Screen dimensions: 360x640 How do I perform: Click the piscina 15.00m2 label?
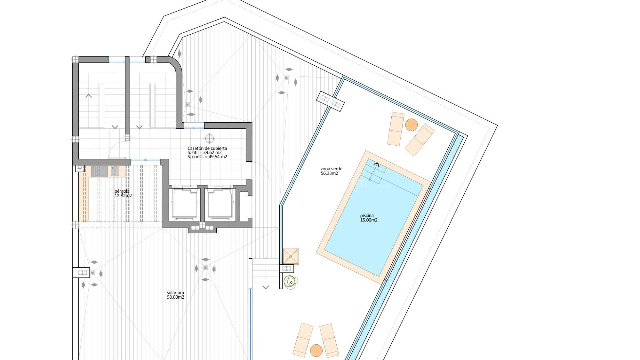pyautogui.click(x=369, y=218)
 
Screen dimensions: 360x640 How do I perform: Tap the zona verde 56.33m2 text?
pyautogui.click(x=331, y=171)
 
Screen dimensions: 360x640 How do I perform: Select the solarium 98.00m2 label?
pyautogui.click(x=175, y=295)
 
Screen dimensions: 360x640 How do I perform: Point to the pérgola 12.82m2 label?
pyautogui.click(x=123, y=194)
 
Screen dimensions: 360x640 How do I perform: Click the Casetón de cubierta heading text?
pyautogui.click(x=207, y=148)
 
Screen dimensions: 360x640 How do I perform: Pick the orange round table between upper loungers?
pyautogui.click(x=411, y=125)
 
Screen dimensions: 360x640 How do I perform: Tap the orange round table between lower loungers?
pyautogui.click(x=316, y=350)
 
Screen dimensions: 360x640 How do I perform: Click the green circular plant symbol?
pyautogui.click(x=291, y=282)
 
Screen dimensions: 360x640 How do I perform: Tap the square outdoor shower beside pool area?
pyautogui.click(x=291, y=256)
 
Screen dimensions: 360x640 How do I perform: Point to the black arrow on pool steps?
pyautogui.click(x=377, y=164)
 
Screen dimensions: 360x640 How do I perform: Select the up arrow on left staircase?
pyautogui.click(x=89, y=96)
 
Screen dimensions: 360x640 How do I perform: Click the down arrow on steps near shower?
pyautogui.click(x=266, y=287)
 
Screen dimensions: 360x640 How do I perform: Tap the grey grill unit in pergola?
pyautogui.click(x=100, y=171)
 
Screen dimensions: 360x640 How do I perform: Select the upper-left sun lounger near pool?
pyautogui.click(x=396, y=129)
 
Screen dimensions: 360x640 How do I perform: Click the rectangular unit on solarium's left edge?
pyautogui.click(x=81, y=272)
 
